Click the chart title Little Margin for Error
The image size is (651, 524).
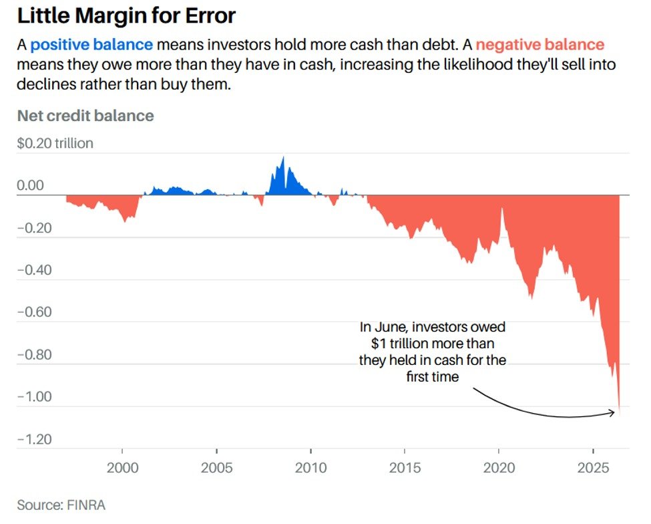tap(126, 16)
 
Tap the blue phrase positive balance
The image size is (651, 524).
tap(91, 45)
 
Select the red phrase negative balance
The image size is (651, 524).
tap(539, 45)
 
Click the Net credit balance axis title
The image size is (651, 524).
tap(85, 116)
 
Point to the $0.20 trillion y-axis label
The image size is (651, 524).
tap(55, 143)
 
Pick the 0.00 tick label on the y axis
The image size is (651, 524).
tap(30, 185)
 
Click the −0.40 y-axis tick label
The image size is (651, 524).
tap(35, 270)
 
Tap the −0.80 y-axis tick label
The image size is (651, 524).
tap(35, 355)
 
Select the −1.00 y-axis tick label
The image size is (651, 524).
tap(35, 397)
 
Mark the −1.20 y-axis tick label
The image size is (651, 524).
tap(35, 439)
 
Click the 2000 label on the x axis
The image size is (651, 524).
tap(122, 468)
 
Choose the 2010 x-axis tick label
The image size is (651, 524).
tap(311, 468)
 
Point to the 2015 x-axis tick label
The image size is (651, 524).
tap(405, 468)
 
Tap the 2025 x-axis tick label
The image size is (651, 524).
tap(594, 468)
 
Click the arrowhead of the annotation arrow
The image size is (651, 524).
tap(612, 412)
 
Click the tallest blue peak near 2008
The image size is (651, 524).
tap(284, 157)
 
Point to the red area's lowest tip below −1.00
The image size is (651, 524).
tap(620, 416)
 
